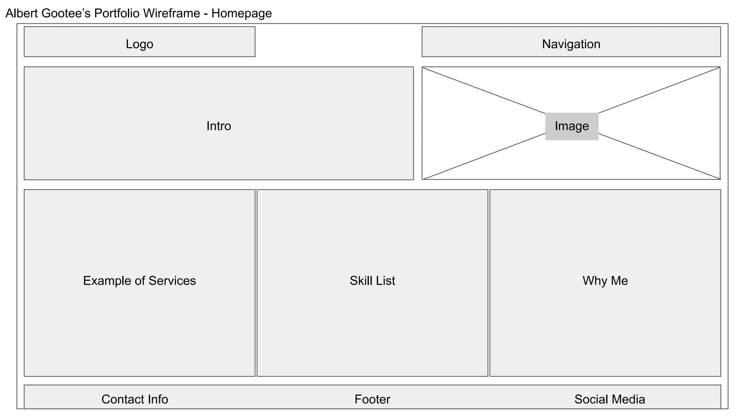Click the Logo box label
point(139,44)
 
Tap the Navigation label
point(571,44)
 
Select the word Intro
point(219,126)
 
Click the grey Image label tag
point(571,126)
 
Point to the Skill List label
point(372,281)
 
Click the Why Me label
point(605,281)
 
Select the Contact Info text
point(135,399)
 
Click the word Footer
point(372,399)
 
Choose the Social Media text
point(610,399)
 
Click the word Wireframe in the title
point(171,13)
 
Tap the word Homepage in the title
point(242,13)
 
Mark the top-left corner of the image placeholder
point(422,67)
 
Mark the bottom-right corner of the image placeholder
point(720,179)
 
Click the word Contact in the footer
point(119,399)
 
